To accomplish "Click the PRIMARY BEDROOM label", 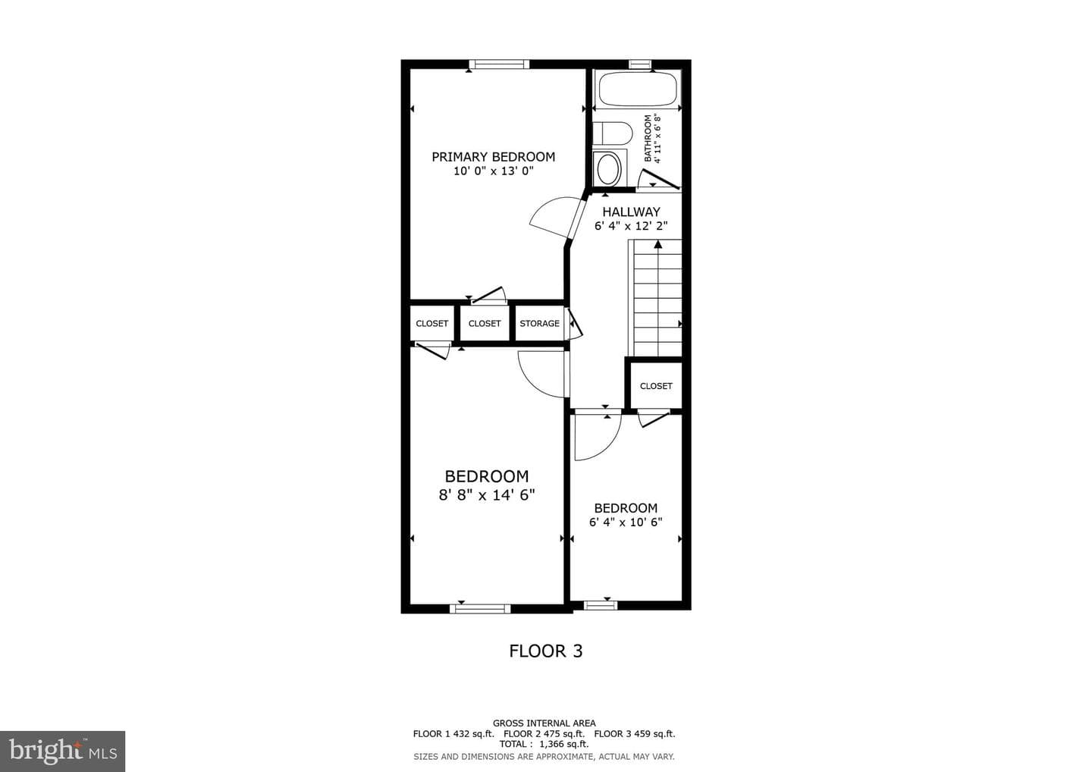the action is (494, 157).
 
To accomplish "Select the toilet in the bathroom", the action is (612, 133).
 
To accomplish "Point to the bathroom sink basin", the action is (607, 169).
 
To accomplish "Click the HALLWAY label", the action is (631, 212).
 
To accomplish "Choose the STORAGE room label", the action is (540, 324).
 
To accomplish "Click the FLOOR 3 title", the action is (546, 651).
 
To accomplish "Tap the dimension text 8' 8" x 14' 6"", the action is (487, 495).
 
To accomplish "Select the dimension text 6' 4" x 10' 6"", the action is (626, 523).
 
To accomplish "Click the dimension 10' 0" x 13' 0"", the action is (494, 171).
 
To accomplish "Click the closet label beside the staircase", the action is (656, 386).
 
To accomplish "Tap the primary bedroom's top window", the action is (499, 64).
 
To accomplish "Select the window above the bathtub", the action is (639, 64).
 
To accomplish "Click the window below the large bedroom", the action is (480, 609).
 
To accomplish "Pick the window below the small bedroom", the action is (601, 606).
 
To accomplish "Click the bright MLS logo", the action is (63, 752).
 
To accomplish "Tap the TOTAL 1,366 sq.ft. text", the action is (544, 744).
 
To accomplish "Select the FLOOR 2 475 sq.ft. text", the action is (544, 734).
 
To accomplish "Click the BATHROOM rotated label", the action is (648, 139).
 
